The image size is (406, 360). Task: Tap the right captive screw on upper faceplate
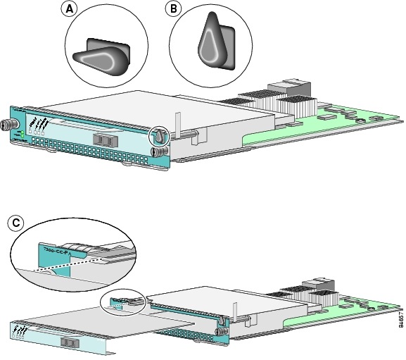[160, 149]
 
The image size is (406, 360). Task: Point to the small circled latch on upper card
[160, 135]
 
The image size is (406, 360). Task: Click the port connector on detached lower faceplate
[69, 342]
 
